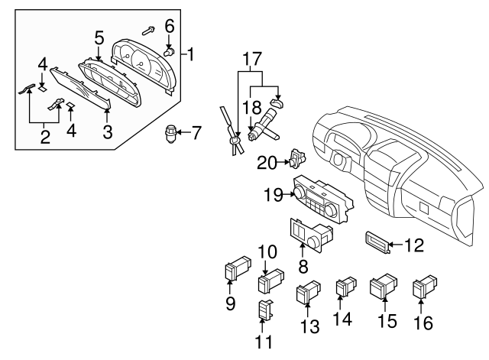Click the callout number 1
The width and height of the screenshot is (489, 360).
(191, 54)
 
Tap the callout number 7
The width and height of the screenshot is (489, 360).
(196, 134)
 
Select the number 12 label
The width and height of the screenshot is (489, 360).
(413, 245)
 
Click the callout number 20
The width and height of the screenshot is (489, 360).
(267, 161)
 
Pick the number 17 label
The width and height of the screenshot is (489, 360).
(252, 57)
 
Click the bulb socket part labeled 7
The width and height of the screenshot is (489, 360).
(170, 135)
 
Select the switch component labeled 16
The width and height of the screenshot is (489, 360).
(423, 288)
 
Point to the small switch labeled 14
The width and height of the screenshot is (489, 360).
(344, 287)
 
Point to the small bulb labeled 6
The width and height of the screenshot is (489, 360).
(170, 50)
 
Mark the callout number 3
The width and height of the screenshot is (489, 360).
(108, 131)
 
